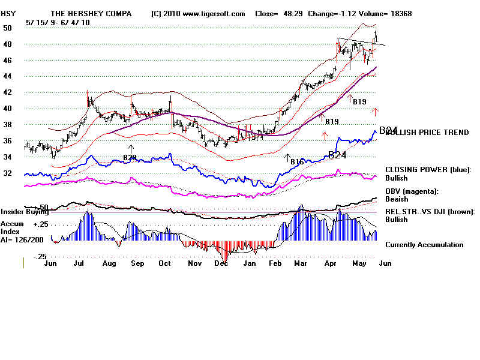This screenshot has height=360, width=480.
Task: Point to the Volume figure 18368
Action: click(398, 14)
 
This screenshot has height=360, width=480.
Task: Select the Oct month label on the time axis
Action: click(164, 263)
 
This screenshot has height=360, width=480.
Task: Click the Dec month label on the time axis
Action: click(221, 263)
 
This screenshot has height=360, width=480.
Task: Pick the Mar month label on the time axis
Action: click(302, 263)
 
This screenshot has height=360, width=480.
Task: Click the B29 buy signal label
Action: click(130, 158)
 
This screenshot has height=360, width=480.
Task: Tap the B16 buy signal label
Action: click(297, 162)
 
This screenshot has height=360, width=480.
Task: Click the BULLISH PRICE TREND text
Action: click(427, 133)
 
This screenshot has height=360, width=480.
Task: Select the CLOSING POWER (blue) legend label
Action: click(428, 170)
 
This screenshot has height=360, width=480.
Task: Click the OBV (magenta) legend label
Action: click(412, 191)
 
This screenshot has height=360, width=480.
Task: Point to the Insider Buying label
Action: click(24, 212)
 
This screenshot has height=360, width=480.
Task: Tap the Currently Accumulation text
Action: click(424, 245)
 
